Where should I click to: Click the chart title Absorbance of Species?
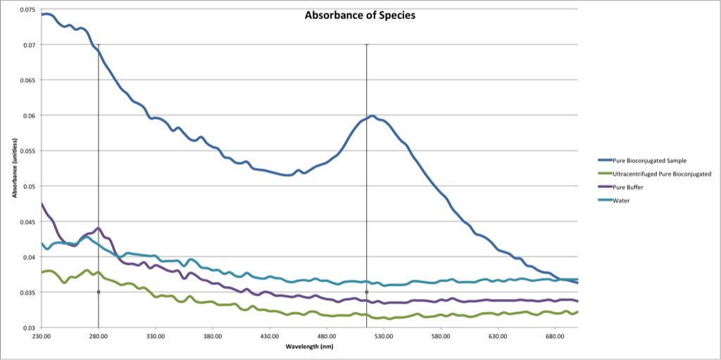click(355, 15)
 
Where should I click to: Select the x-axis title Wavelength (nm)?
click(309, 347)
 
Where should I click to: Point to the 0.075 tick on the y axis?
click(27, 10)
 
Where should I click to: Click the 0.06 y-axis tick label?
click(29, 116)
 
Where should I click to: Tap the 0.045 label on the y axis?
click(27, 222)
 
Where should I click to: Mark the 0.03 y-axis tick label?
click(29, 328)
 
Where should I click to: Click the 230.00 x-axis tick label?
click(41, 337)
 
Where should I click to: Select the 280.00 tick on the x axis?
click(98, 337)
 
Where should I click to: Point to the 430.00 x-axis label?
click(269, 337)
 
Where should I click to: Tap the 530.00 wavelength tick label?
click(383, 337)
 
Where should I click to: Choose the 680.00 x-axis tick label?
click(554, 337)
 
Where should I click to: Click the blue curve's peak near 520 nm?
click(371, 116)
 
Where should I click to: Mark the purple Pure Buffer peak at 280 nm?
click(99, 228)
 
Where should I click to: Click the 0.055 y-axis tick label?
click(27, 151)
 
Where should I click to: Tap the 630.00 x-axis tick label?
click(497, 337)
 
